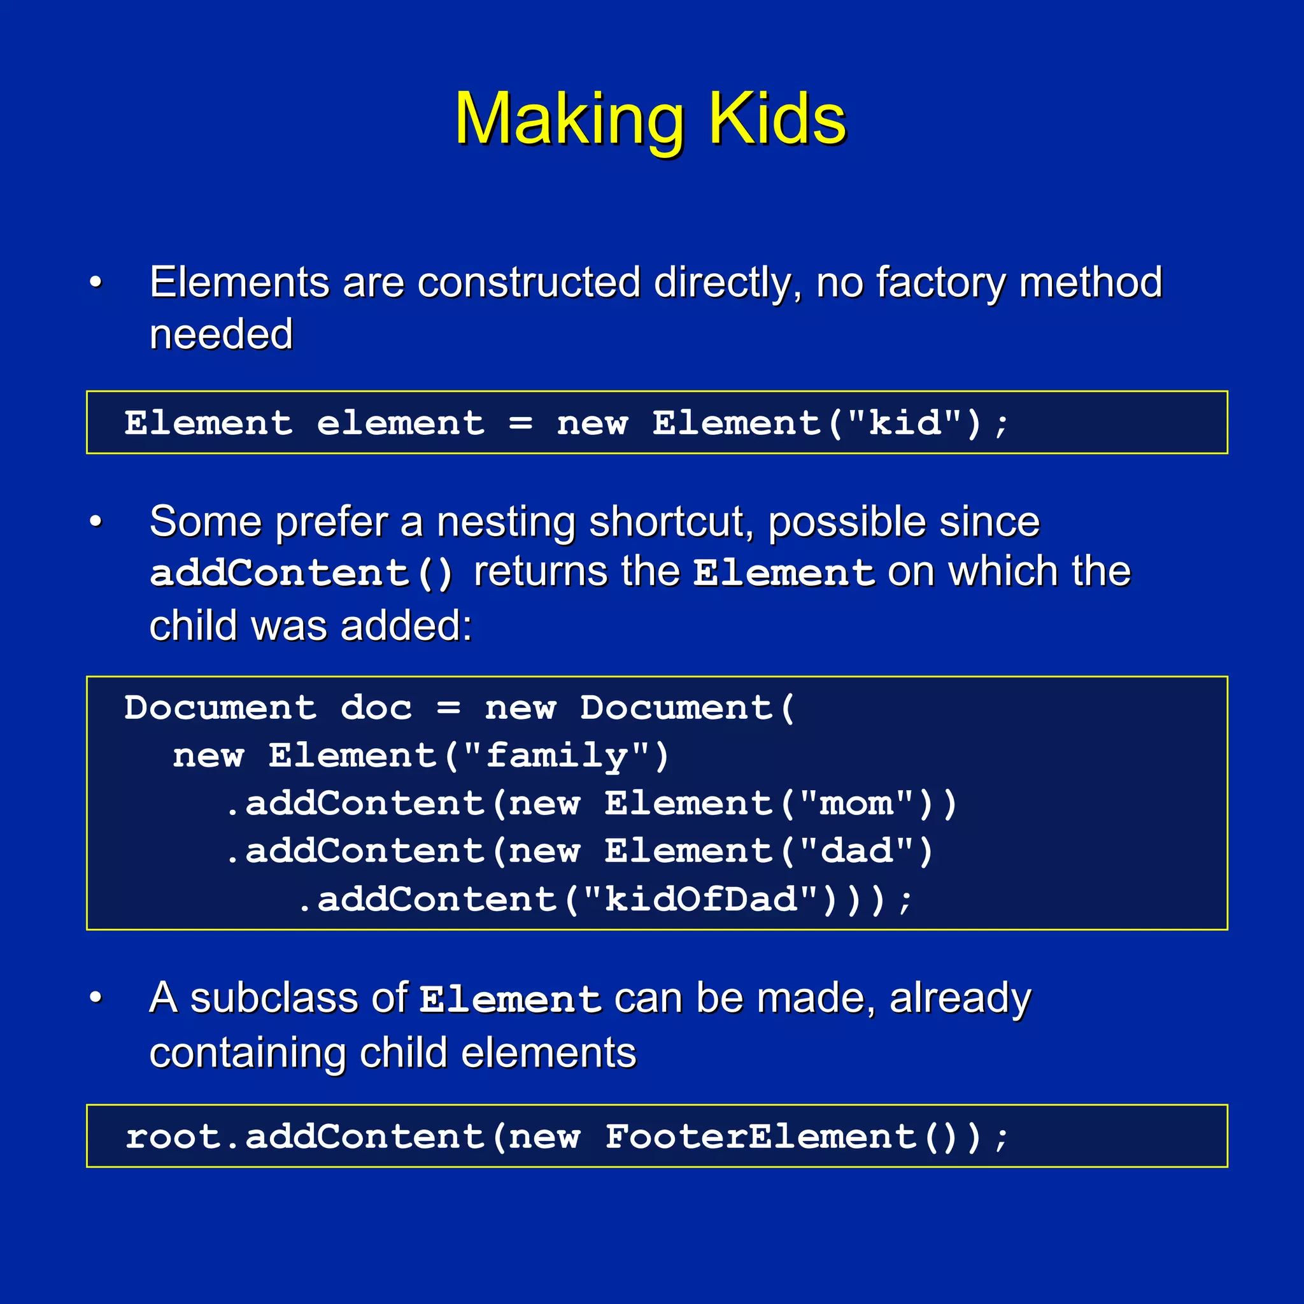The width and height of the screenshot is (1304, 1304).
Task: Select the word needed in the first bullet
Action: [221, 335]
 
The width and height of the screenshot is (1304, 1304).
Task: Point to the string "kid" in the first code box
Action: [904, 423]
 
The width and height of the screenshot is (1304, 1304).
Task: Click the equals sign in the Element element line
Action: [520, 424]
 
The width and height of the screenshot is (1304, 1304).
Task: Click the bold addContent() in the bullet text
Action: [301, 573]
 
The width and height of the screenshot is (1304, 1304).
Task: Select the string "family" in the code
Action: [557, 755]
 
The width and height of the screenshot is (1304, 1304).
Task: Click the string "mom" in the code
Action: [856, 803]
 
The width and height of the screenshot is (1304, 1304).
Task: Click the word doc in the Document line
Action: [376, 708]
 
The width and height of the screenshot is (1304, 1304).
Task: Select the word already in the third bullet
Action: [960, 999]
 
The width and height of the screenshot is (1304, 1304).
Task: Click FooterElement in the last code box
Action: [760, 1137]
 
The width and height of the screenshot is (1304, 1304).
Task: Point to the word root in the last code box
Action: [173, 1137]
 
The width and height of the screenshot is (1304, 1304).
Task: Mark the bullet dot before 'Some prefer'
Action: [96, 521]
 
